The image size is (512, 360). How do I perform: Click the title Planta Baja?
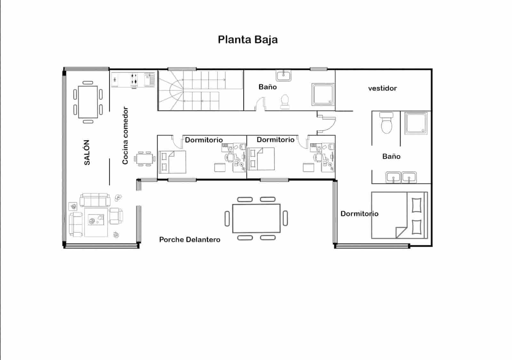point(248,40)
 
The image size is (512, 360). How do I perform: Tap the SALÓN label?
point(87,153)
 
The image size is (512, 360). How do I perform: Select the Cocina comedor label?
point(125,136)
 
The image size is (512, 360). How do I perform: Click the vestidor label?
point(382,88)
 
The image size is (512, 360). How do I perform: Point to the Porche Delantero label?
point(190,239)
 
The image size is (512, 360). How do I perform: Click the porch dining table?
point(256,218)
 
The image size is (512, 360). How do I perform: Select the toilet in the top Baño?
point(284,102)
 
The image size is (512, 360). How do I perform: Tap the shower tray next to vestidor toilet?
point(416,123)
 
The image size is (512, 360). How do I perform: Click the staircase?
point(200,90)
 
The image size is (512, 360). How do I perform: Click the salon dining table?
point(88,102)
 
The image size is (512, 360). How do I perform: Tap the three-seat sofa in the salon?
point(95,200)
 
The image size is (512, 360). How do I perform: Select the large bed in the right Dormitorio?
point(399,215)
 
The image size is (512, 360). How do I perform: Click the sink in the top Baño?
point(284,76)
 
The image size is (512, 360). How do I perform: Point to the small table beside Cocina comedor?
point(144,159)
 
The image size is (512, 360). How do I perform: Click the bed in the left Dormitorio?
point(173,162)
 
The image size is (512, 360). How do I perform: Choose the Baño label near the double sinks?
point(391,156)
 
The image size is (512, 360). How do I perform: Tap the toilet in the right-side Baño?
point(387,123)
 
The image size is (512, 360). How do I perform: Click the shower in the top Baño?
point(323,94)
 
